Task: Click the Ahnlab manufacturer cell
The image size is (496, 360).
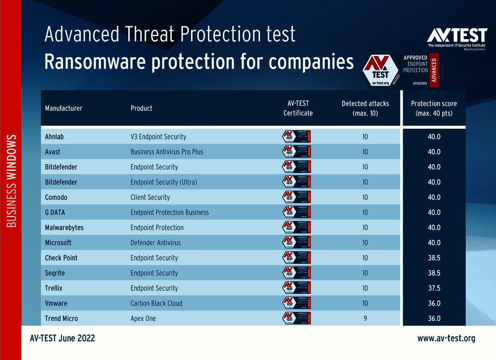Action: (x=55, y=137)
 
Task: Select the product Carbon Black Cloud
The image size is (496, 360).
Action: (x=156, y=304)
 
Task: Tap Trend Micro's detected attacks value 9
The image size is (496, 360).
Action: (x=365, y=319)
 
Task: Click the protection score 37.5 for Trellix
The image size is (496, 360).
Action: (x=434, y=288)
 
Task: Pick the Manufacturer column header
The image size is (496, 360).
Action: (x=63, y=108)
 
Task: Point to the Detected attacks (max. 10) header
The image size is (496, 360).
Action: (x=365, y=108)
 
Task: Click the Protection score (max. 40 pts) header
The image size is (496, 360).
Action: (x=434, y=108)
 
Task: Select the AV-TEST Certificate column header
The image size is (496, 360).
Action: (x=298, y=108)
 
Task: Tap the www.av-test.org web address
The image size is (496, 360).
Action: (x=446, y=338)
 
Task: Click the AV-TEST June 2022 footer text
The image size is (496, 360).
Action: (x=62, y=338)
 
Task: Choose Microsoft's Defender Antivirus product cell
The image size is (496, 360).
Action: (x=155, y=243)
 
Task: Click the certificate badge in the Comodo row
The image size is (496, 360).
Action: (x=296, y=197)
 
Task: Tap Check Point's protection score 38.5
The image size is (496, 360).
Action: (x=434, y=258)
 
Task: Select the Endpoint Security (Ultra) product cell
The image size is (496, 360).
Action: (x=164, y=182)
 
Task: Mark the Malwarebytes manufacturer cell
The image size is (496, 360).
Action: (x=64, y=228)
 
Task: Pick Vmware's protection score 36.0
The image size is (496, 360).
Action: (x=434, y=304)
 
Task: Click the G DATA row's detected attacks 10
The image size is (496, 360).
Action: (x=365, y=213)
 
